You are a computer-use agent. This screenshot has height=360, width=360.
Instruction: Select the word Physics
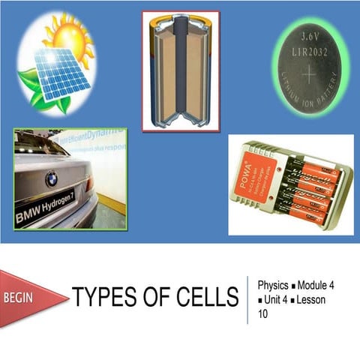click(x=272, y=286)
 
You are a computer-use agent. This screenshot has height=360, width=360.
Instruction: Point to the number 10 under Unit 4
click(x=262, y=314)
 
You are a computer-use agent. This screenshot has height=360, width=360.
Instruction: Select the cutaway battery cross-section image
click(x=181, y=70)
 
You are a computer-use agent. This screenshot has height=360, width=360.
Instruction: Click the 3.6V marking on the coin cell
click(x=310, y=35)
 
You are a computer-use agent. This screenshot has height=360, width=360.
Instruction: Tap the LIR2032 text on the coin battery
click(x=310, y=49)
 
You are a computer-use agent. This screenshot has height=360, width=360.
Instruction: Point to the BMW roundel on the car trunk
click(x=51, y=178)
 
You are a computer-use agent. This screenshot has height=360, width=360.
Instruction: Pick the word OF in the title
click(x=157, y=298)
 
